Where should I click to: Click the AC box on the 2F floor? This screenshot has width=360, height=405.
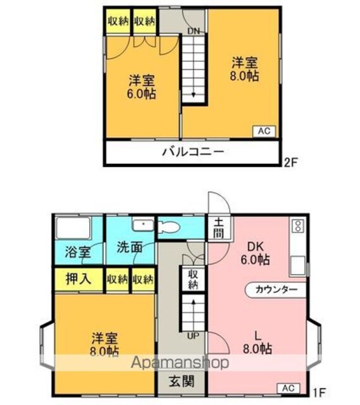[264, 131]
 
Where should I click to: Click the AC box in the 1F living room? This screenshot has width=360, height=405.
[289, 388]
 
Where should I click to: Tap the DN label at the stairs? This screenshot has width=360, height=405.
[194, 31]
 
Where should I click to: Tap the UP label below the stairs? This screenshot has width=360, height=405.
[193, 336]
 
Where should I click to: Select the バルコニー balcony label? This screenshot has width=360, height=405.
[193, 152]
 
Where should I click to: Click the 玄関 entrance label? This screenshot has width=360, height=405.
[182, 381]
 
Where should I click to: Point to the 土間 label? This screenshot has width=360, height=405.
[218, 228]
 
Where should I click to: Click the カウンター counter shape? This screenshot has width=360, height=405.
[275, 289]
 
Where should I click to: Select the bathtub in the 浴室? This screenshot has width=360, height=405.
[73, 228]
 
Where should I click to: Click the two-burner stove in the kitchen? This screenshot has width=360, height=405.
[298, 225]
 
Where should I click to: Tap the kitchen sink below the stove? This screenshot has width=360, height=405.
[298, 266]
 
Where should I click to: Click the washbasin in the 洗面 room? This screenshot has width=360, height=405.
[143, 225]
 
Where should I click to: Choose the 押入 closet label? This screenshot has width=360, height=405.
[78, 279]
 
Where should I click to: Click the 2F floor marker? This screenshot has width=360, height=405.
[291, 163]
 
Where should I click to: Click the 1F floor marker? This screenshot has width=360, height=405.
[320, 392]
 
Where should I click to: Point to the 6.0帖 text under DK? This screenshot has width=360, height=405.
[255, 259]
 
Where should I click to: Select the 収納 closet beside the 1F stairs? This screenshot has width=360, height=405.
[193, 279]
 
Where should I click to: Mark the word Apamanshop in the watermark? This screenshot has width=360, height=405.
[180, 363]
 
